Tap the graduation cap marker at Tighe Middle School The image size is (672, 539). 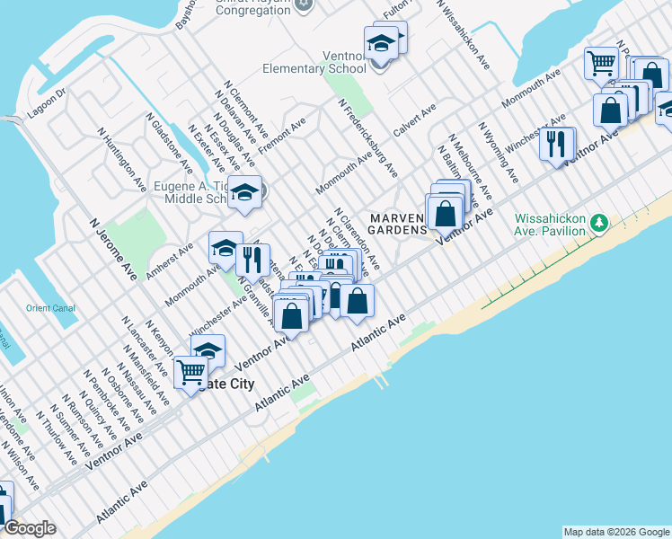point(244,191)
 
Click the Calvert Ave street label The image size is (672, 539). point(414,119)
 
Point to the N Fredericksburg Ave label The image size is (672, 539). point(368,137)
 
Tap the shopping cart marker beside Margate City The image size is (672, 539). point(190,370)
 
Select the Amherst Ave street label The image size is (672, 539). point(172,260)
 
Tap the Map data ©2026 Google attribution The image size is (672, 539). point(616,532)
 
